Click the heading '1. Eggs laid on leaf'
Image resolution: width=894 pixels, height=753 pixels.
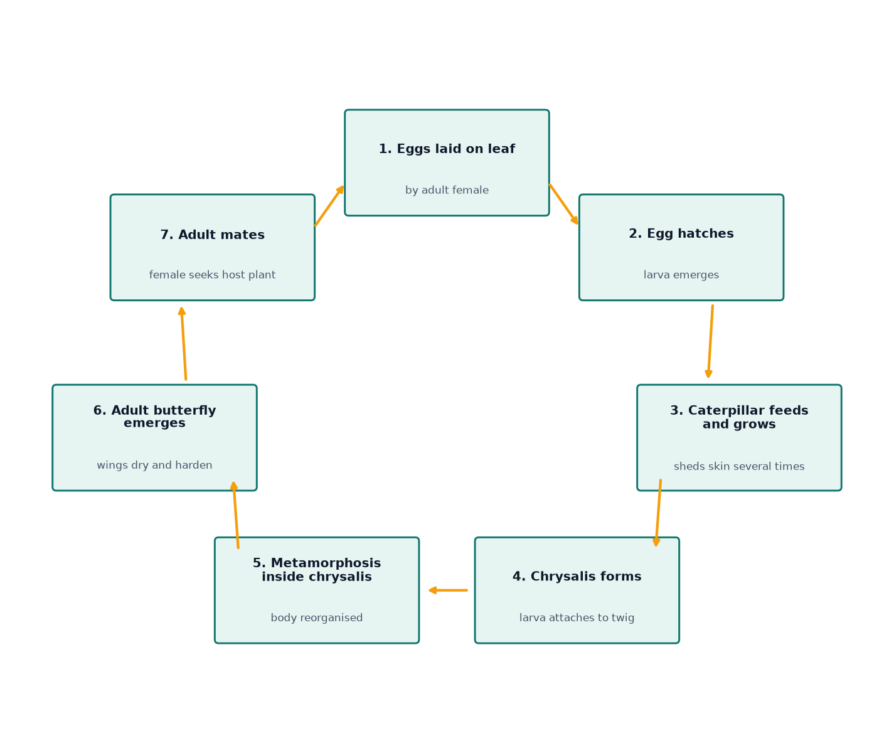click(447, 149)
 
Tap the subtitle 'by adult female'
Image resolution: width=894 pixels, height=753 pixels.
click(447, 190)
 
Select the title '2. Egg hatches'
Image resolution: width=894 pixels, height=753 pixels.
click(681, 233)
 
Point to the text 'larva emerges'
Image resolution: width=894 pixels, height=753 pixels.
click(681, 275)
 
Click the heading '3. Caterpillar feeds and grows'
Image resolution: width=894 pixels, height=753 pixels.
click(739, 417)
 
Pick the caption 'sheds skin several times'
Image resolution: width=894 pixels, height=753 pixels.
click(739, 466)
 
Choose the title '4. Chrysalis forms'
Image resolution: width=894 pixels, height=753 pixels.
click(577, 576)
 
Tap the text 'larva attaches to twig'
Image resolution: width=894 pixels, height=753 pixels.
click(577, 617)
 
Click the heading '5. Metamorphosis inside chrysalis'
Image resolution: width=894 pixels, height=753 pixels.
click(316, 570)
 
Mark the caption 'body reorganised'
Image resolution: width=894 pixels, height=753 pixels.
click(316, 617)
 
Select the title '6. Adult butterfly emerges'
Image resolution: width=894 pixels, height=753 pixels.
click(154, 417)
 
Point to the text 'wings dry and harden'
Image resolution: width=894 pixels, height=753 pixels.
click(154, 465)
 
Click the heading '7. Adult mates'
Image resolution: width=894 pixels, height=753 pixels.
click(213, 235)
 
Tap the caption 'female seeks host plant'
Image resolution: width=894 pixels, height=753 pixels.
click(213, 275)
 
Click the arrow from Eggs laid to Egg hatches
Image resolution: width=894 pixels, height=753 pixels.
click(563, 205)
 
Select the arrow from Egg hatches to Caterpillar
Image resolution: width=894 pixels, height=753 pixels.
click(710, 341)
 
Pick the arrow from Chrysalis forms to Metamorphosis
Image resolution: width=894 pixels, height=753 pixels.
click(448, 590)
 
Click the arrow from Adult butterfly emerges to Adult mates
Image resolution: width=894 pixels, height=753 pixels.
click(184, 343)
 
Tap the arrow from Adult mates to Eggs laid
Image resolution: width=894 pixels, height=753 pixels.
click(329, 206)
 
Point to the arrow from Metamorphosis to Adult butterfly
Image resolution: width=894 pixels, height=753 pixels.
click(236, 515)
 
